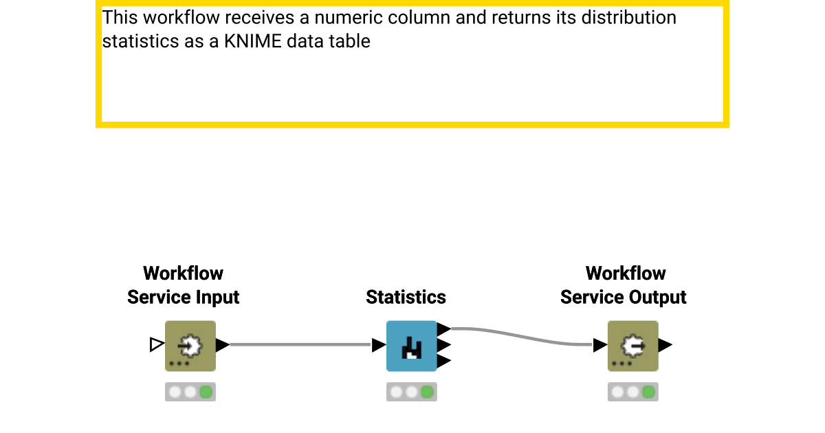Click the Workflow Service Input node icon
click(x=190, y=346)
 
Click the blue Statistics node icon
click(x=411, y=346)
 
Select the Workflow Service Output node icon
click(x=632, y=346)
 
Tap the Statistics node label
click(x=406, y=297)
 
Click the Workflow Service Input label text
click(x=184, y=285)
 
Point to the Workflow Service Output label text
click(x=624, y=285)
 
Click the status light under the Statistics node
click(x=411, y=392)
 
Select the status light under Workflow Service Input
click(x=190, y=392)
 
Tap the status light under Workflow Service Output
click(x=632, y=392)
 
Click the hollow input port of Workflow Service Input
click(x=157, y=344)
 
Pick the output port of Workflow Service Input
click(x=223, y=345)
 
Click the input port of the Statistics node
click(x=379, y=345)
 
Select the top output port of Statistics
click(x=444, y=329)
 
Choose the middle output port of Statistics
click(x=444, y=345)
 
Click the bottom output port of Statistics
click(x=444, y=361)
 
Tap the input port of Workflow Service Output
click(x=600, y=345)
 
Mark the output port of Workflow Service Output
click(x=665, y=345)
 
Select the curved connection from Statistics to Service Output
click(x=522, y=337)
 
